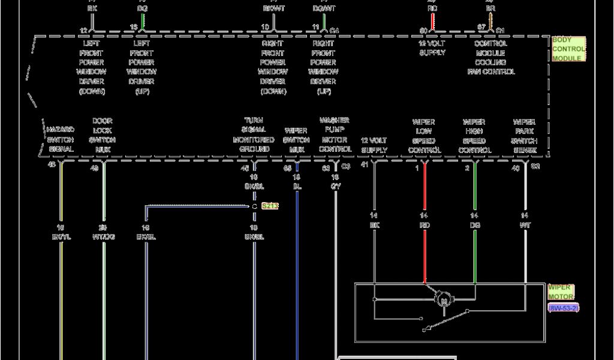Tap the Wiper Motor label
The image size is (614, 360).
tap(560, 292)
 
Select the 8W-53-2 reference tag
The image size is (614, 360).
tap(563, 308)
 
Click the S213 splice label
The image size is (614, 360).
tap(270, 206)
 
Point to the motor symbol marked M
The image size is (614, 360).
tap(444, 298)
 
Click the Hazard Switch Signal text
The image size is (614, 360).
tap(61, 139)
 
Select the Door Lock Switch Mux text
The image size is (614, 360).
tap(103, 134)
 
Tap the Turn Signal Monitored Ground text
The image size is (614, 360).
tap(254, 134)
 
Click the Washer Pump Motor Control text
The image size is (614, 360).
tap(335, 134)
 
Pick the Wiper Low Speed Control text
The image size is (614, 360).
tap(425, 136)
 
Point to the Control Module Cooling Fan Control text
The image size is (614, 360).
tap(491, 58)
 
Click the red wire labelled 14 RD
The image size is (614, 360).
tap(425, 252)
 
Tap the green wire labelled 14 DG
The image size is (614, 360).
tap(475, 252)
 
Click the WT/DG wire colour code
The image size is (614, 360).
tap(103, 237)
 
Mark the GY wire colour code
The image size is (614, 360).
tap(336, 187)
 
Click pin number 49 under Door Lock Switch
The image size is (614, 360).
tap(94, 168)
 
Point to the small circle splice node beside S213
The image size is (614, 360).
tap(254, 206)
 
